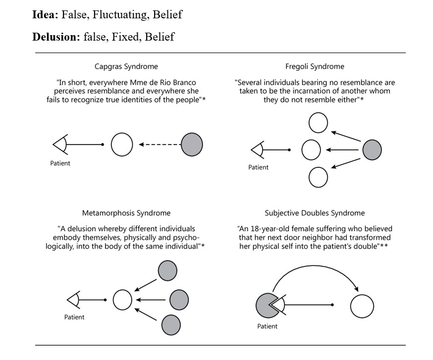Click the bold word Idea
coord(45,15)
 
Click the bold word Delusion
coord(56,37)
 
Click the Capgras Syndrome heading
coord(126,66)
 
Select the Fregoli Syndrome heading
coord(315,66)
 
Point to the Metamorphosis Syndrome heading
coord(126,213)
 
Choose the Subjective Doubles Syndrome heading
coord(315,213)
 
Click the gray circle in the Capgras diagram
coord(192,145)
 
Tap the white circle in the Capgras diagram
coord(122,145)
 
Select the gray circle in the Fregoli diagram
coord(372,150)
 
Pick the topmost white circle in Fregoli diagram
coord(318,123)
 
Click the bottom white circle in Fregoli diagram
coord(318,177)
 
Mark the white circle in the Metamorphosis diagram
coord(122,300)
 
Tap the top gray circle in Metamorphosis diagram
coord(167,270)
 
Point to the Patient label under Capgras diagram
coord(60,164)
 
